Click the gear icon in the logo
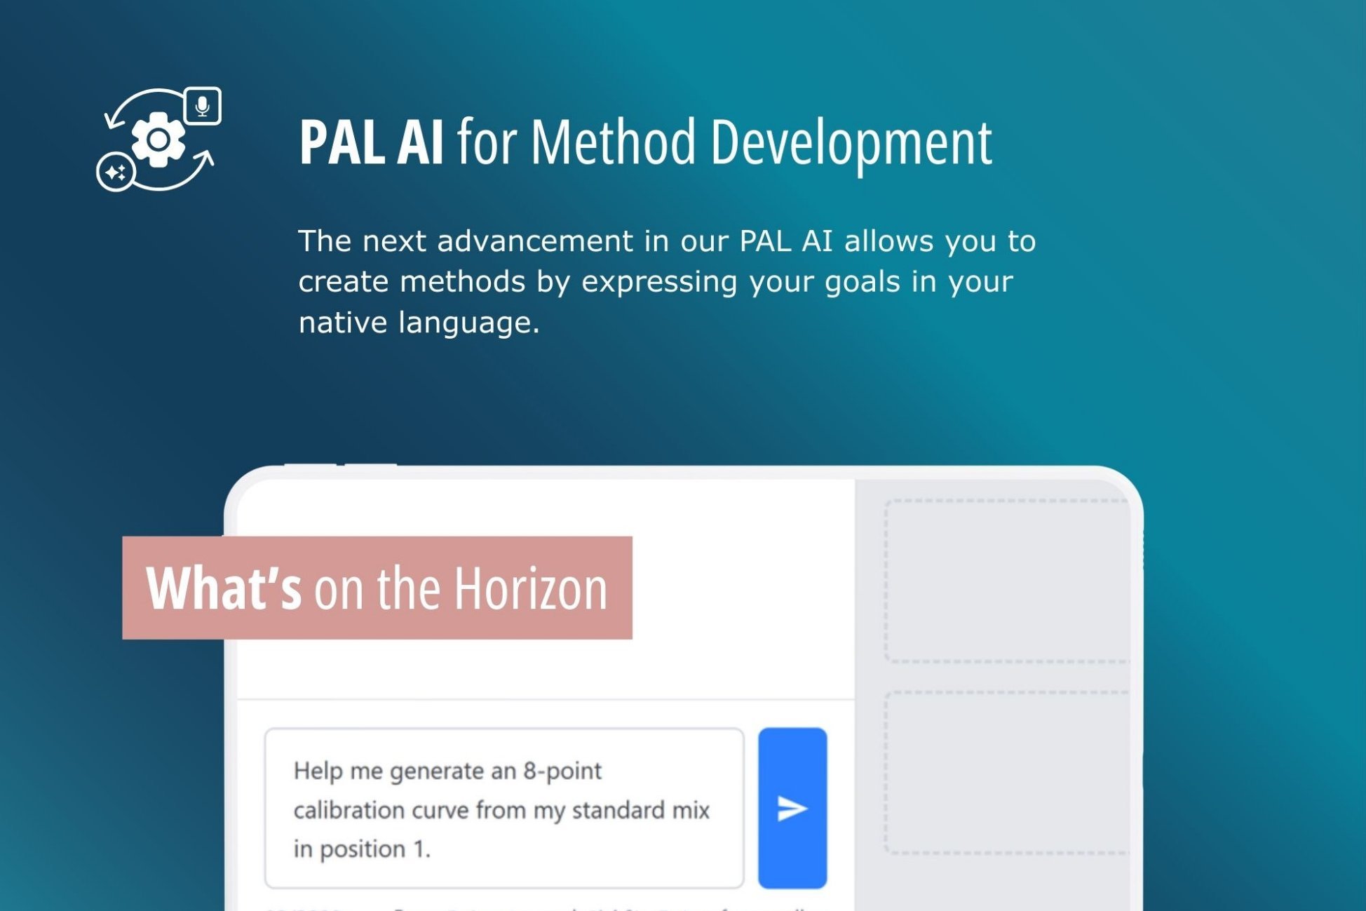pos(158,140)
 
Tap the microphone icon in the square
pos(203,106)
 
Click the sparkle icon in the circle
pos(116,172)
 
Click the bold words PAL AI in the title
pos(371,142)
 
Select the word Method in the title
pos(613,142)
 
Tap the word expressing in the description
pos(659,282)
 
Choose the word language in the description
pos(468,323)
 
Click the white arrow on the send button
pos(792,809)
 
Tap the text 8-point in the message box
pos(562,771)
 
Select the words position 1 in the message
pos(374,849)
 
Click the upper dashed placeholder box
pos(1006,581)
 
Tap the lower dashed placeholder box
pos(1006,772)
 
